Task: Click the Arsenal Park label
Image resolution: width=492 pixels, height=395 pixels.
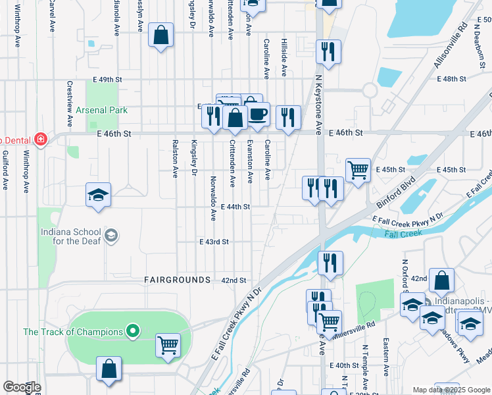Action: [101, 110]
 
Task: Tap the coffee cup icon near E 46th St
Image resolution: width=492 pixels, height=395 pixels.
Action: [257, 114]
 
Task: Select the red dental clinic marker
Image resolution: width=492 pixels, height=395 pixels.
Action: [41, 140]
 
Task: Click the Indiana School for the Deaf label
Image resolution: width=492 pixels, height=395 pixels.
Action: [71, 236]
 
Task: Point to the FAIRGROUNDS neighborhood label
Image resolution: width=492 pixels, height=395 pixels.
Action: [177, 280]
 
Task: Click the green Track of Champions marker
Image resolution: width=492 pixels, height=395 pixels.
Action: [133, 331]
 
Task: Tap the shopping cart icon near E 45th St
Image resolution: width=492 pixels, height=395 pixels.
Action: [357, 170]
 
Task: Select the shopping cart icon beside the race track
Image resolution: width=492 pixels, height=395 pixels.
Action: [168, 344]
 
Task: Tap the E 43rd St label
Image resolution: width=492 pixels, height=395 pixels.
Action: [214, 242]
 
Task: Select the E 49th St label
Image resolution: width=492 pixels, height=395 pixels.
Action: [108, 79]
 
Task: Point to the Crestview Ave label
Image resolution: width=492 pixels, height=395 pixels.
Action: [69, 103]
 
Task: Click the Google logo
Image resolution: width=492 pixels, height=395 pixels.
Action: [21, 387]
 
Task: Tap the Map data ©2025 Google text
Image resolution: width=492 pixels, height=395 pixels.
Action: [451, 390]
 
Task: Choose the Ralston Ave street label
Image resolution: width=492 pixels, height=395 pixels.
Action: [175, 159]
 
